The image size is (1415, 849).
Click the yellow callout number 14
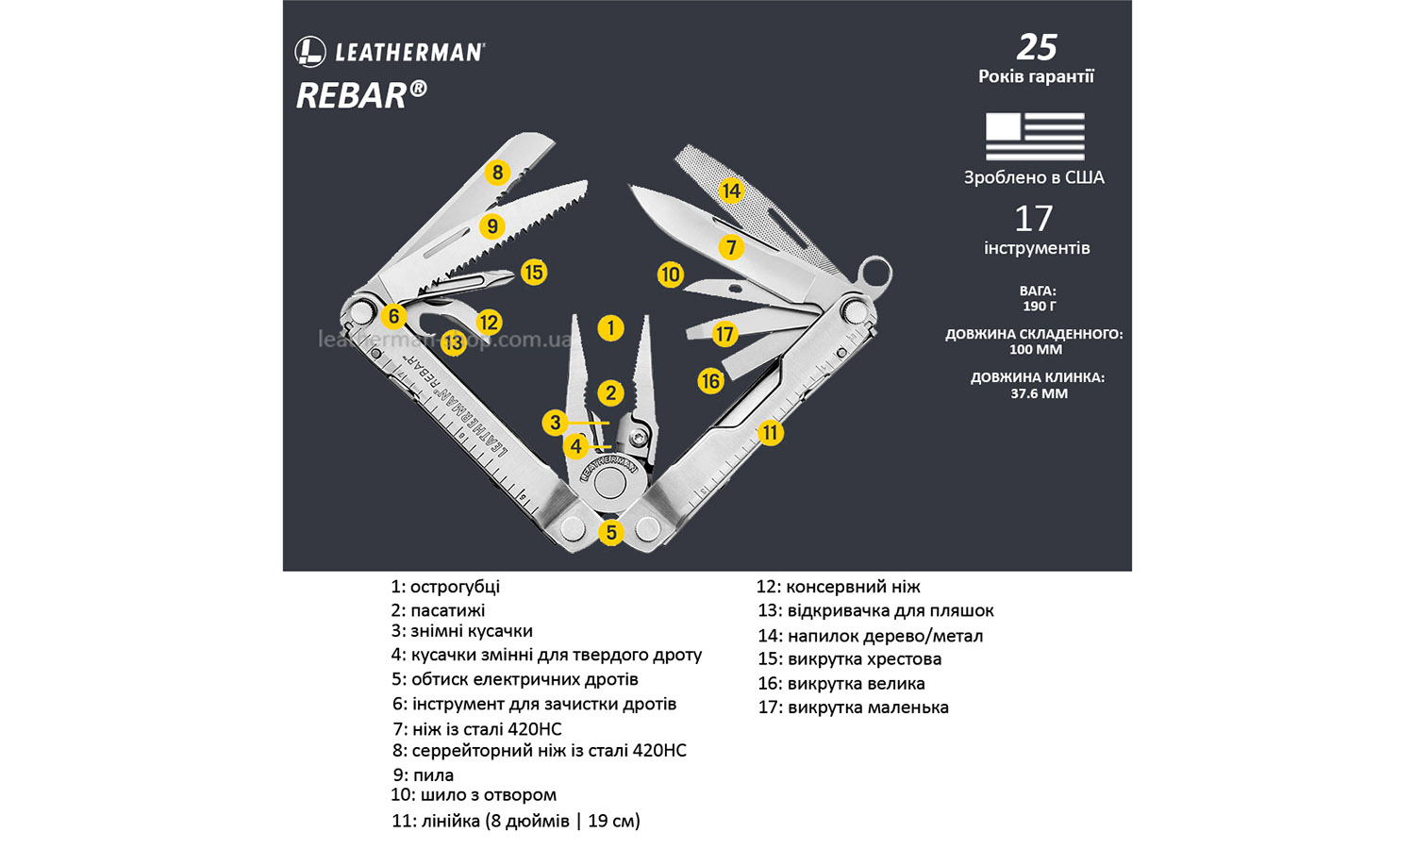[x=730, y=191]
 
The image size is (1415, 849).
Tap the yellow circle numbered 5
[x=611, y=533]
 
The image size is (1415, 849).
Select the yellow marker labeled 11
[x=771, y=433]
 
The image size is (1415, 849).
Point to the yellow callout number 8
[x=497, y=173]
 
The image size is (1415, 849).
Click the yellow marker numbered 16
[x=710, y=381]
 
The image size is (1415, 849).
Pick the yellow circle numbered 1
[x=610, y=328]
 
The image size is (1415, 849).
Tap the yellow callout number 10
[x=670, y=275]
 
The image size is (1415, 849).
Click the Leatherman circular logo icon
[x=310, y=52]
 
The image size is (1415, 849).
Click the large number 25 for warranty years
[x=1036, y=46]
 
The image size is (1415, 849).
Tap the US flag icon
[x=1035, y=136]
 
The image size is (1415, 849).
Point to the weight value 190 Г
[x=1039, y=307]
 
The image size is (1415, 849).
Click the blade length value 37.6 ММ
[x=1039, y=393]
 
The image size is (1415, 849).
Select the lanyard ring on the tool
[x=874, y=274]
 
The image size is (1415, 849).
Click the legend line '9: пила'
[x=424, y=775]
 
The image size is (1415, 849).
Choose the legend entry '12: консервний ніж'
[x=838, y=587]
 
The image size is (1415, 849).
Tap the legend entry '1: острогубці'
[x=445, y=587]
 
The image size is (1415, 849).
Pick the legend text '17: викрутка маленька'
[x=853, y=707]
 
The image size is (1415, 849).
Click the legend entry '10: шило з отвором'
[x=474, y=795]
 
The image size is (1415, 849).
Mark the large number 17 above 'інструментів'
[x=1033, y=219]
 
